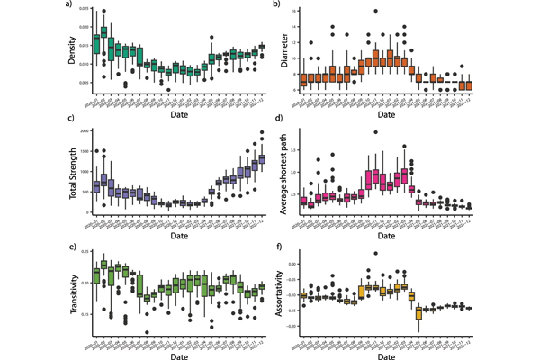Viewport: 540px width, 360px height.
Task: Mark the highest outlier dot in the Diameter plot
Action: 375,12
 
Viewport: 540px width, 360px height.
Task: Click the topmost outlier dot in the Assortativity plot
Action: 375,253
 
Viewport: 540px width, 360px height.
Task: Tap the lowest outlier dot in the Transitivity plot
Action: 148,332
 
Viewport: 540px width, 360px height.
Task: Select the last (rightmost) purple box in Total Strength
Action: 262,160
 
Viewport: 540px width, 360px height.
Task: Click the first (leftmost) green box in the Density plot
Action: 97,43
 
